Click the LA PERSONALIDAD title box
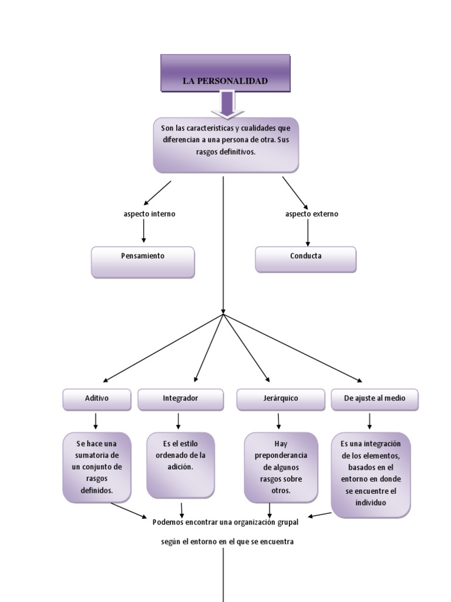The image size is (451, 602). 225,73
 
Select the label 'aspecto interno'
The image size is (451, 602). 149,214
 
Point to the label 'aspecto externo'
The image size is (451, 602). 312,214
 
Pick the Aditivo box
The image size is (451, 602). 96,399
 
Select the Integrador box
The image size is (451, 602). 180,399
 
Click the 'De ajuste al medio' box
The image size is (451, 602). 374,399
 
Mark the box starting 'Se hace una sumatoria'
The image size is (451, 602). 97,467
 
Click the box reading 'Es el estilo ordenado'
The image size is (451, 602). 180,464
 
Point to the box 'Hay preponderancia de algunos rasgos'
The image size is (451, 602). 281,467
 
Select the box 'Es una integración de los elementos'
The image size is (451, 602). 371,474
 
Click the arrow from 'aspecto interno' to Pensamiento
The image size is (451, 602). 144,232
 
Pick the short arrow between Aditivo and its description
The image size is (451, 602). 96,421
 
